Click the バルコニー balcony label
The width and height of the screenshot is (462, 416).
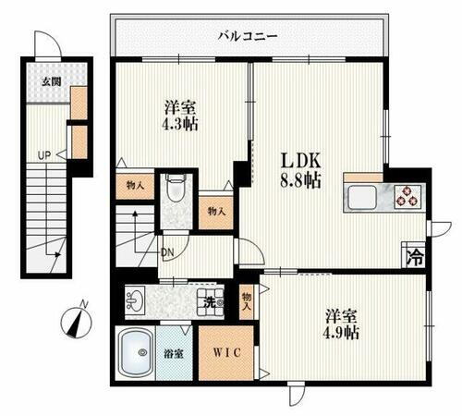click(248, 37)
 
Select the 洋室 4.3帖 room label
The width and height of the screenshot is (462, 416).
click(180, 114)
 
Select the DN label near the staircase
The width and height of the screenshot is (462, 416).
click(169, 251)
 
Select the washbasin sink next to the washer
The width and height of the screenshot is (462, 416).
click(136, 300)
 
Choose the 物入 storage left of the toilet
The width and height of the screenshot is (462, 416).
click(136, 185)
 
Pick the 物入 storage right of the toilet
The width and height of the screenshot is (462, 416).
click(216, 211)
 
